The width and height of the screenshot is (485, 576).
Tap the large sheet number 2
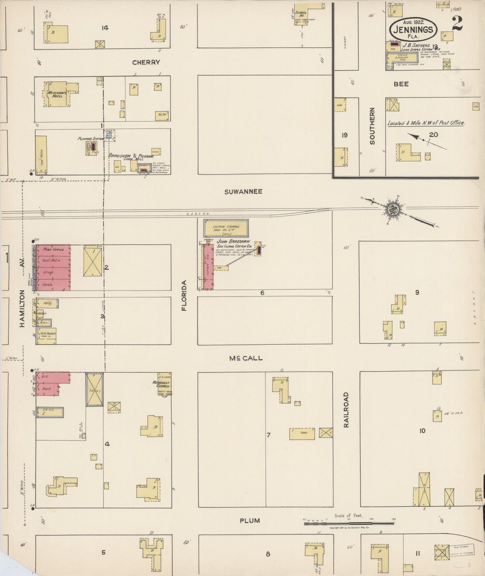click(457, 24)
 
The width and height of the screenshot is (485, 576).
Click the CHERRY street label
click(146, 62)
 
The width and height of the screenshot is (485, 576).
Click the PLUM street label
click(250, 521)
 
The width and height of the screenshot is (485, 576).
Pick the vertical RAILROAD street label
click(346, 410)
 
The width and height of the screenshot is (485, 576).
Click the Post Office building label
click(53, 249)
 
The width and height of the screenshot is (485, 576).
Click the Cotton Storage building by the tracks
click(226, 228)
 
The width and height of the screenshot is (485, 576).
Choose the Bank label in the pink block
click(47, 389)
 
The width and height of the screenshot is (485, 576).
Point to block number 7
click(269, 435)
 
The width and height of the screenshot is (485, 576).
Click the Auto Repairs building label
click(47, 335)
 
